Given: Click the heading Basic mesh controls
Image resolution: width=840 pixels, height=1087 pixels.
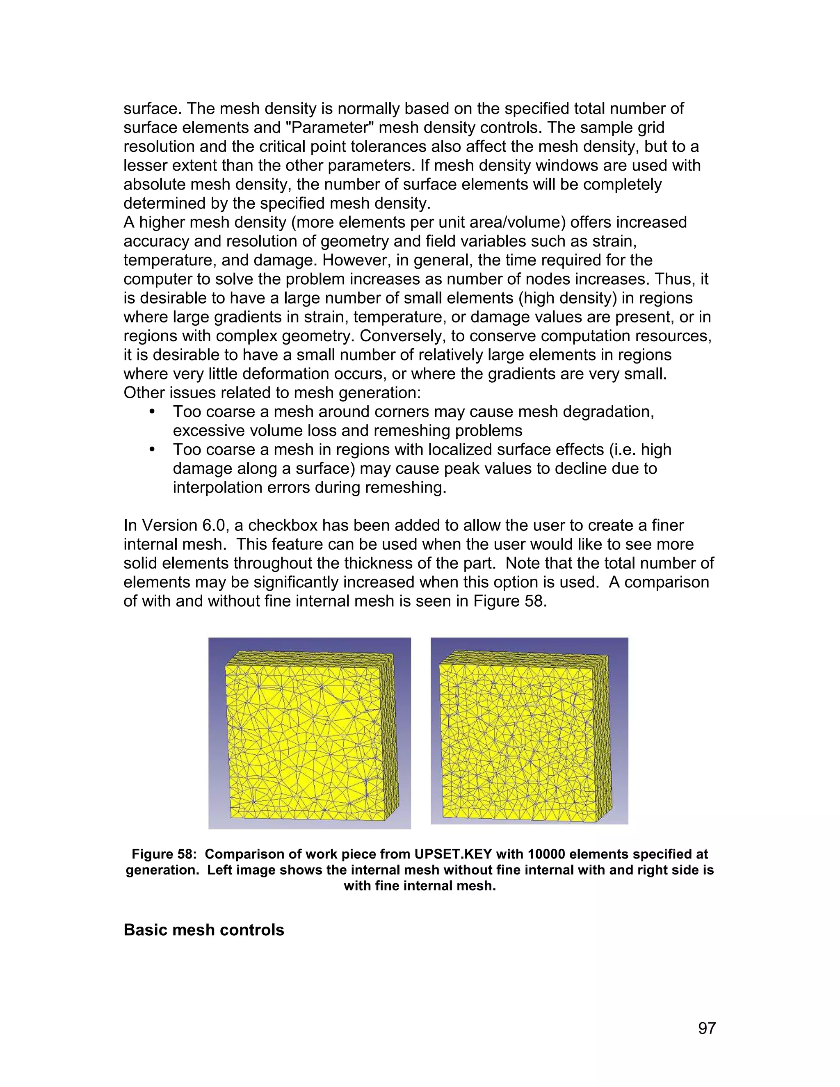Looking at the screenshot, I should click(203, 930).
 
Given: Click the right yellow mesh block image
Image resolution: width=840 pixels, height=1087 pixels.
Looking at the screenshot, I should click(529, 732).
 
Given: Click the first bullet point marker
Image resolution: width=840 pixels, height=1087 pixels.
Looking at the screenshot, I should click(152, 411).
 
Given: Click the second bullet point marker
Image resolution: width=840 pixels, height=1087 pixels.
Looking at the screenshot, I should click(152, 450).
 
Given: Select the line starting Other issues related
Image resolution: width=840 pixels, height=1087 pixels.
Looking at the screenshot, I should click(272, 393).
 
